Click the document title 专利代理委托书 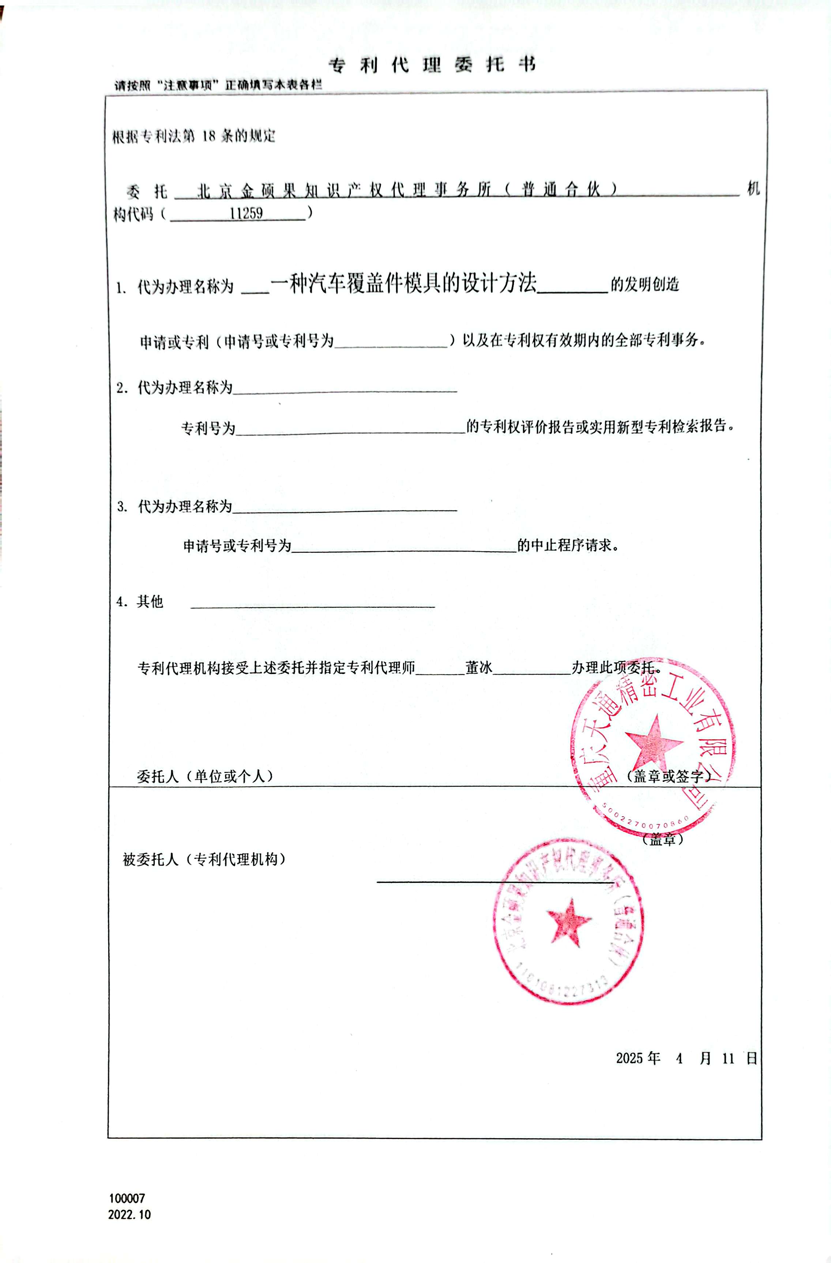pos(432,65)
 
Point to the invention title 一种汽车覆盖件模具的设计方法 pos(403,284)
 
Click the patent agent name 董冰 pos(479,668)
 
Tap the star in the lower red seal pos(569,921)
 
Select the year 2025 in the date pos(629,1058)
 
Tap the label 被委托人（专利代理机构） pos(204,859)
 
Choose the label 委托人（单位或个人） pos(205,776)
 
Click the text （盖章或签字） pos(668,776)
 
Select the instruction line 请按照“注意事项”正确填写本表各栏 pos(218,85)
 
